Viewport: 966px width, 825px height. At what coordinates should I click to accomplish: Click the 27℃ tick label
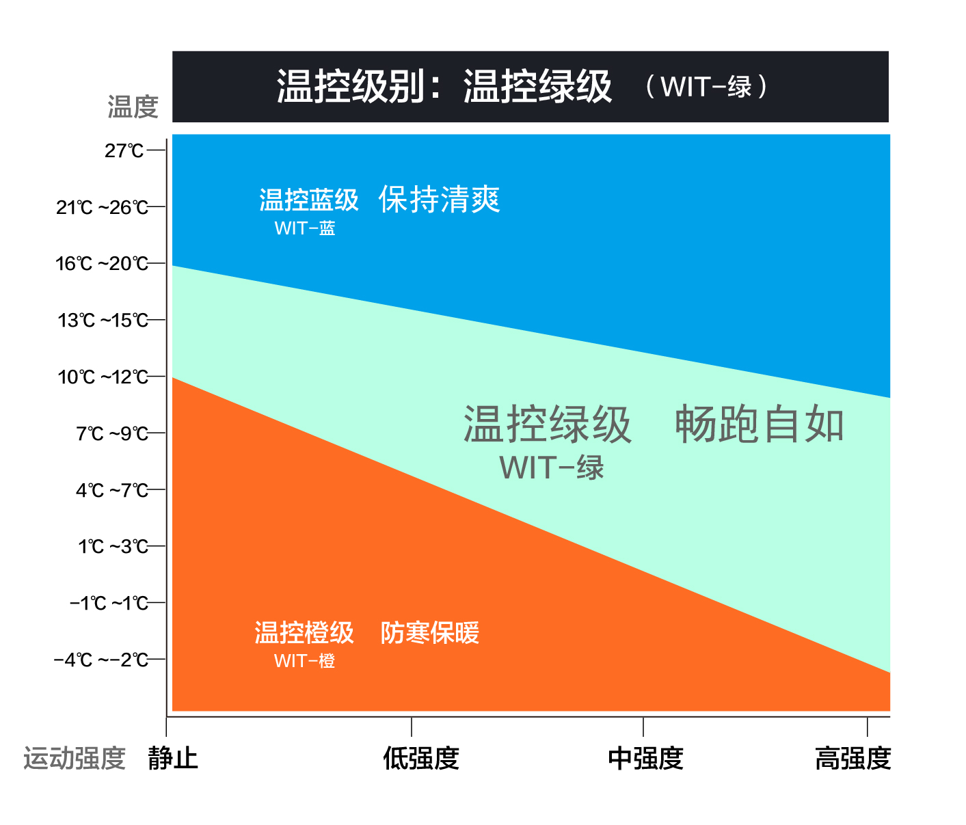click(x=124, y=150)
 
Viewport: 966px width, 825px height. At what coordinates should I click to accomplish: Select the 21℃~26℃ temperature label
click(x=103, y=207)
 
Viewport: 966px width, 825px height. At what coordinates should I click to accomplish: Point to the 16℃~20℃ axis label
click(x=102, y=264)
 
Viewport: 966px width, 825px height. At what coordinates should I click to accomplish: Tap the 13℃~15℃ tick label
click(x=103, y=321)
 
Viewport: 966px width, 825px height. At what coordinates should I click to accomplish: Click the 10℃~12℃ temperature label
click(x=103, y=377)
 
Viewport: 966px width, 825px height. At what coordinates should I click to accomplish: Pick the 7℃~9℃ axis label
click(x=112, y=433)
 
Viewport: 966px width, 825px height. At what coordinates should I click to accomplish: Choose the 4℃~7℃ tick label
click(x=112, y=490)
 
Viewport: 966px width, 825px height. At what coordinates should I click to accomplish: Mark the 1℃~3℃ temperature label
click(x=113, y=547)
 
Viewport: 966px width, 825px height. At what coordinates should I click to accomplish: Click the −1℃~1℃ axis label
click(x=109, y=603)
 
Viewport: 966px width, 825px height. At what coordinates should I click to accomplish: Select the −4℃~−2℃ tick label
click(x=101, y=660)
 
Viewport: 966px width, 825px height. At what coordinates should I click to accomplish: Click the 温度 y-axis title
click(x=133, y=107)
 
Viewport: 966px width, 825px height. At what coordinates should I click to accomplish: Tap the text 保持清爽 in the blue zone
click(x=440, y=200)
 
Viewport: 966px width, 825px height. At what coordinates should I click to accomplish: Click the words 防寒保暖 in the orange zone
click(x=430, y=633)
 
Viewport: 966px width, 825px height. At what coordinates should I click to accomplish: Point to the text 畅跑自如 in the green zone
click(x=760, y=424)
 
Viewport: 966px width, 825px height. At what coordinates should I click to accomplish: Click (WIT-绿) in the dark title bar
click(x=707, y=87)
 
